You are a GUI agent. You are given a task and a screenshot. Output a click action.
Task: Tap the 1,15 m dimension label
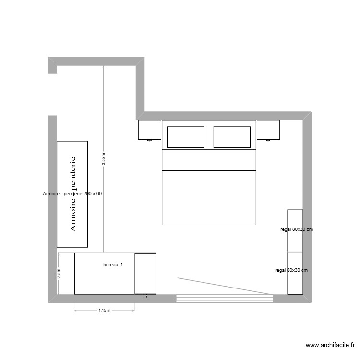tap(105, 311)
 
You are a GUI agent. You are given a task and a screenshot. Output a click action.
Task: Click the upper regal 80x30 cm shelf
tap(295, 230)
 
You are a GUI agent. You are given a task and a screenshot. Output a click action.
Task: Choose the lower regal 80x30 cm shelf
tap(294, 273)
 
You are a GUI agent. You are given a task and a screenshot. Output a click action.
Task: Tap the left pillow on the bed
tap(185, 137)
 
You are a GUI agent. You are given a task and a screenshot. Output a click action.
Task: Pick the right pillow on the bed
tap(232, 137)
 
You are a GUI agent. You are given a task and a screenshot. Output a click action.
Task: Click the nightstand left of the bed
tap(149, 130)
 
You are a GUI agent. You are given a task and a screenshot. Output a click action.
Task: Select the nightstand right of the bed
tap(268, 130)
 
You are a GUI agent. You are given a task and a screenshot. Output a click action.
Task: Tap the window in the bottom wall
tap(224, 299)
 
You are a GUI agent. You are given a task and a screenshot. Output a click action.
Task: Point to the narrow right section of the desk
tap(145, 273)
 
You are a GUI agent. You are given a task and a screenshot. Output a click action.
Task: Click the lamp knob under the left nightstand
tap(149, 140)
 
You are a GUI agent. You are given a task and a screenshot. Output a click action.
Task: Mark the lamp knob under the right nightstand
tap(268, 140)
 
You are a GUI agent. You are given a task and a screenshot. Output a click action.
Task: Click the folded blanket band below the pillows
tap(209, 160)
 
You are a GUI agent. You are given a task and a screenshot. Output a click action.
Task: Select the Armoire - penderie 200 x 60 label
tap(72, 194)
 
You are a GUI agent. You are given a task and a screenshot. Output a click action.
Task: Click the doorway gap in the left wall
tap(53, 95)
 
